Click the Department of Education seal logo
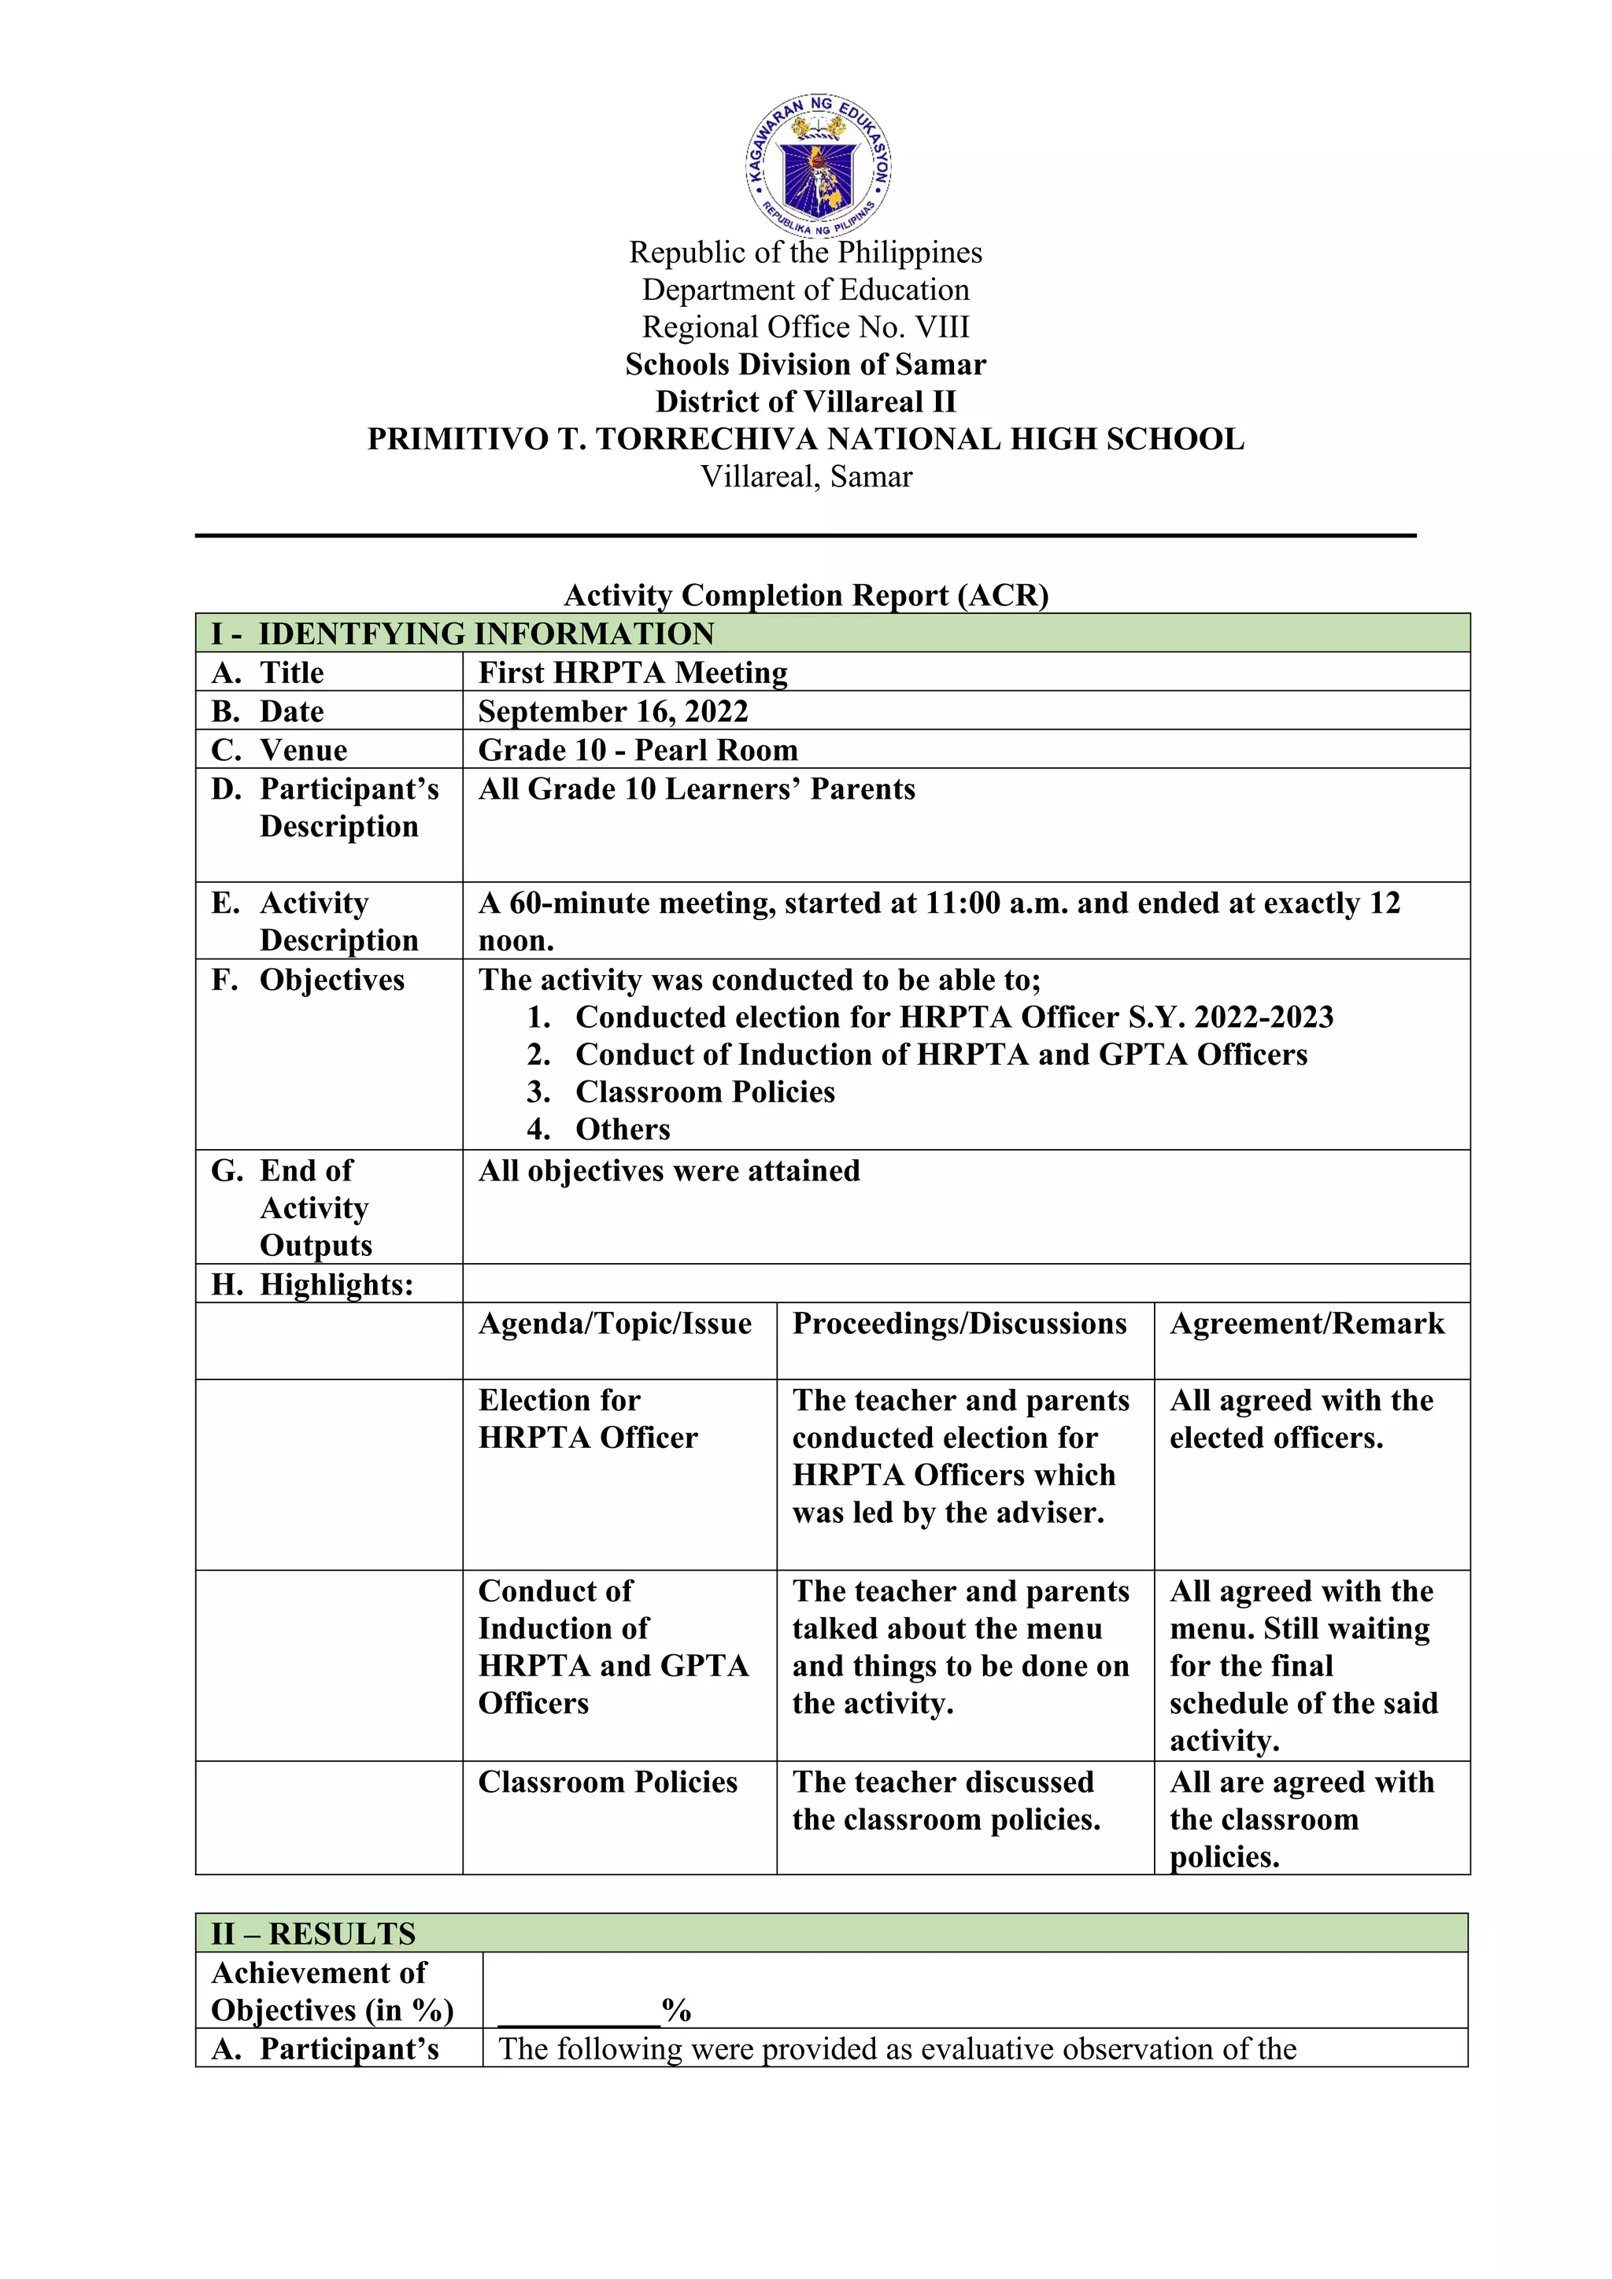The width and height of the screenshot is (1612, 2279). [819, 166]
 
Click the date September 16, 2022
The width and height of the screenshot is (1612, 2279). [612, 711]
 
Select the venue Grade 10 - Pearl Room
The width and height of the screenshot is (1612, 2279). [638, 751]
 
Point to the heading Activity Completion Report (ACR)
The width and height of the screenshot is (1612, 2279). [806, 595]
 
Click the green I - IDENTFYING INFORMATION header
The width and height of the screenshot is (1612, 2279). [463, 633]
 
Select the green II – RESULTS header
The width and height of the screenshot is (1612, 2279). [314, 1934]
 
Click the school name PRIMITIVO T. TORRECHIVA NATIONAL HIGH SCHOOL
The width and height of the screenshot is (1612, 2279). [805, 439]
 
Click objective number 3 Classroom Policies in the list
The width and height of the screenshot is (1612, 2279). [704, 1091]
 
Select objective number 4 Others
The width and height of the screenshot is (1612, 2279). [623, 1129]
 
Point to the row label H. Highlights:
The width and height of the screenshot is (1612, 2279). [312, 1284]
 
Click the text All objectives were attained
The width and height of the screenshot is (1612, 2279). [669, 1171]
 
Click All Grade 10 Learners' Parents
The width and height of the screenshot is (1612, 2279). [697, 789]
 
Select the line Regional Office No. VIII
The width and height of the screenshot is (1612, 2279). [805, 327]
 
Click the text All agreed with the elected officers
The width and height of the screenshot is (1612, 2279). [1300, 1420]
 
